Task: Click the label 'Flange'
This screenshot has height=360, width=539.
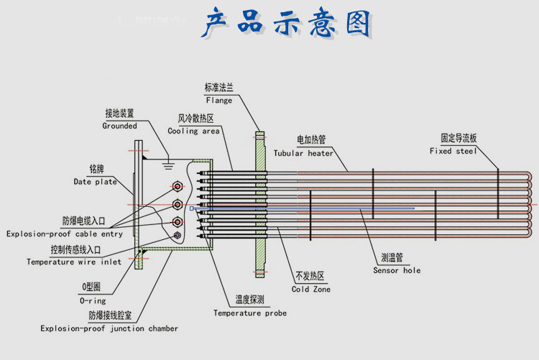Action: click(x=218, y=101)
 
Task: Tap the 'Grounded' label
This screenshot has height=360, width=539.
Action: click(x=119, y=126)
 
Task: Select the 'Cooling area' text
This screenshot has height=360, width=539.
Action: click(x=193, y=131)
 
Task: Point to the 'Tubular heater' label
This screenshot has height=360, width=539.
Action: click(x=303, y=153)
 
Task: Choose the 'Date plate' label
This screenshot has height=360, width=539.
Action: click(x=96, y=182)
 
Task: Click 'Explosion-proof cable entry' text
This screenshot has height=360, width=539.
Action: click(x=64, y=234)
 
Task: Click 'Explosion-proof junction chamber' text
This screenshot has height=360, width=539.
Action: click(x=109, y=328)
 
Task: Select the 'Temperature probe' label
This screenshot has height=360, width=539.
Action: click(x=249, y=313)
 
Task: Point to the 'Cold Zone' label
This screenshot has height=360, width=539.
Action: click(x=311, y=289)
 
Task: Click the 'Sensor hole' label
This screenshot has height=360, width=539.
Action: click(x=397, y=271)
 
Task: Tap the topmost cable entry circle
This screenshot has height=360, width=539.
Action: click(x=177, y=188)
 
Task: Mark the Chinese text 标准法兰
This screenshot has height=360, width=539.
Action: click(x=218, y=88)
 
